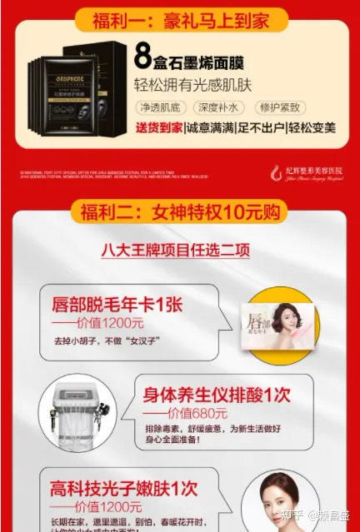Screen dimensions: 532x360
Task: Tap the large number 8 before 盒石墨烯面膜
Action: coord(142,58)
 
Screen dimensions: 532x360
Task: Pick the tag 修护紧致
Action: coord(278,108)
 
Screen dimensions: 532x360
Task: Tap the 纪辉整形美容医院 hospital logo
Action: coord(303,172)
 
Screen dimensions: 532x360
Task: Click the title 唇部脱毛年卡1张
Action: coord(117,305)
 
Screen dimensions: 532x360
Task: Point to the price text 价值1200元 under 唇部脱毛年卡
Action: coord(93,323)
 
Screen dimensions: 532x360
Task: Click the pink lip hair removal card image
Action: coord(277,326)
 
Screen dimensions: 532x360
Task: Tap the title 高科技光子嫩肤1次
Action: coord(126,487)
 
